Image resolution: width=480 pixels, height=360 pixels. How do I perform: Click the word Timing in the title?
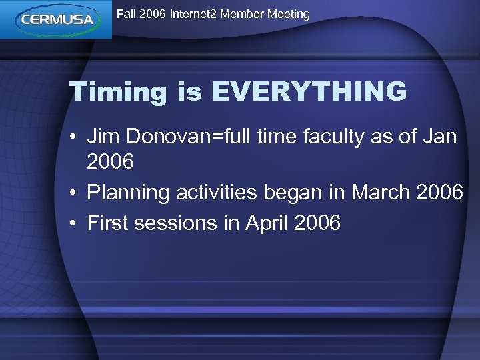click(x=118, y=93)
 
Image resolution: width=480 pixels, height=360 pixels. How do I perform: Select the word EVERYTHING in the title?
click(x=309, y=91)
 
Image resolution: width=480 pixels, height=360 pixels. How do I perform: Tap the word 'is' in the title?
click(x=189, y=92)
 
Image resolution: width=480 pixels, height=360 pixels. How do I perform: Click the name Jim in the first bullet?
click(x=105, y=137)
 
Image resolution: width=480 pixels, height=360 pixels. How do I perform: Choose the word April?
click(x=266, y=222)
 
